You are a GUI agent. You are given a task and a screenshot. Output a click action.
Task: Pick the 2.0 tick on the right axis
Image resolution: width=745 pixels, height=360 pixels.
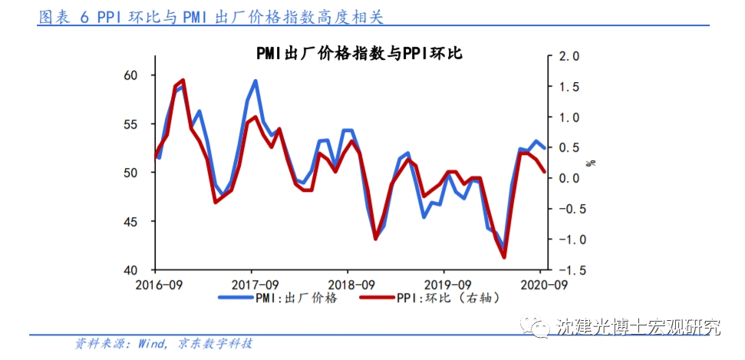pos(569,57)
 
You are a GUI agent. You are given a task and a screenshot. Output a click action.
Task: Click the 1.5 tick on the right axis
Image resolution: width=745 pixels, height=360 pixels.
pos(569,87)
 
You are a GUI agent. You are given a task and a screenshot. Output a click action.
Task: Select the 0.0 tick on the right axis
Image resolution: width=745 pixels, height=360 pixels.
pos(569,178)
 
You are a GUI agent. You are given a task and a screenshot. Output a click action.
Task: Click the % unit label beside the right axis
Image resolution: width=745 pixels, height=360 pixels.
pos(590,163)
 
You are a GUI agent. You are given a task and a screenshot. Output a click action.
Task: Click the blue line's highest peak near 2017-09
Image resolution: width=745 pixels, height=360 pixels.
pos(255,81)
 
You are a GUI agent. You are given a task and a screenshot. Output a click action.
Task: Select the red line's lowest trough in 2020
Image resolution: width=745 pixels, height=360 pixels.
pos(504,256)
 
